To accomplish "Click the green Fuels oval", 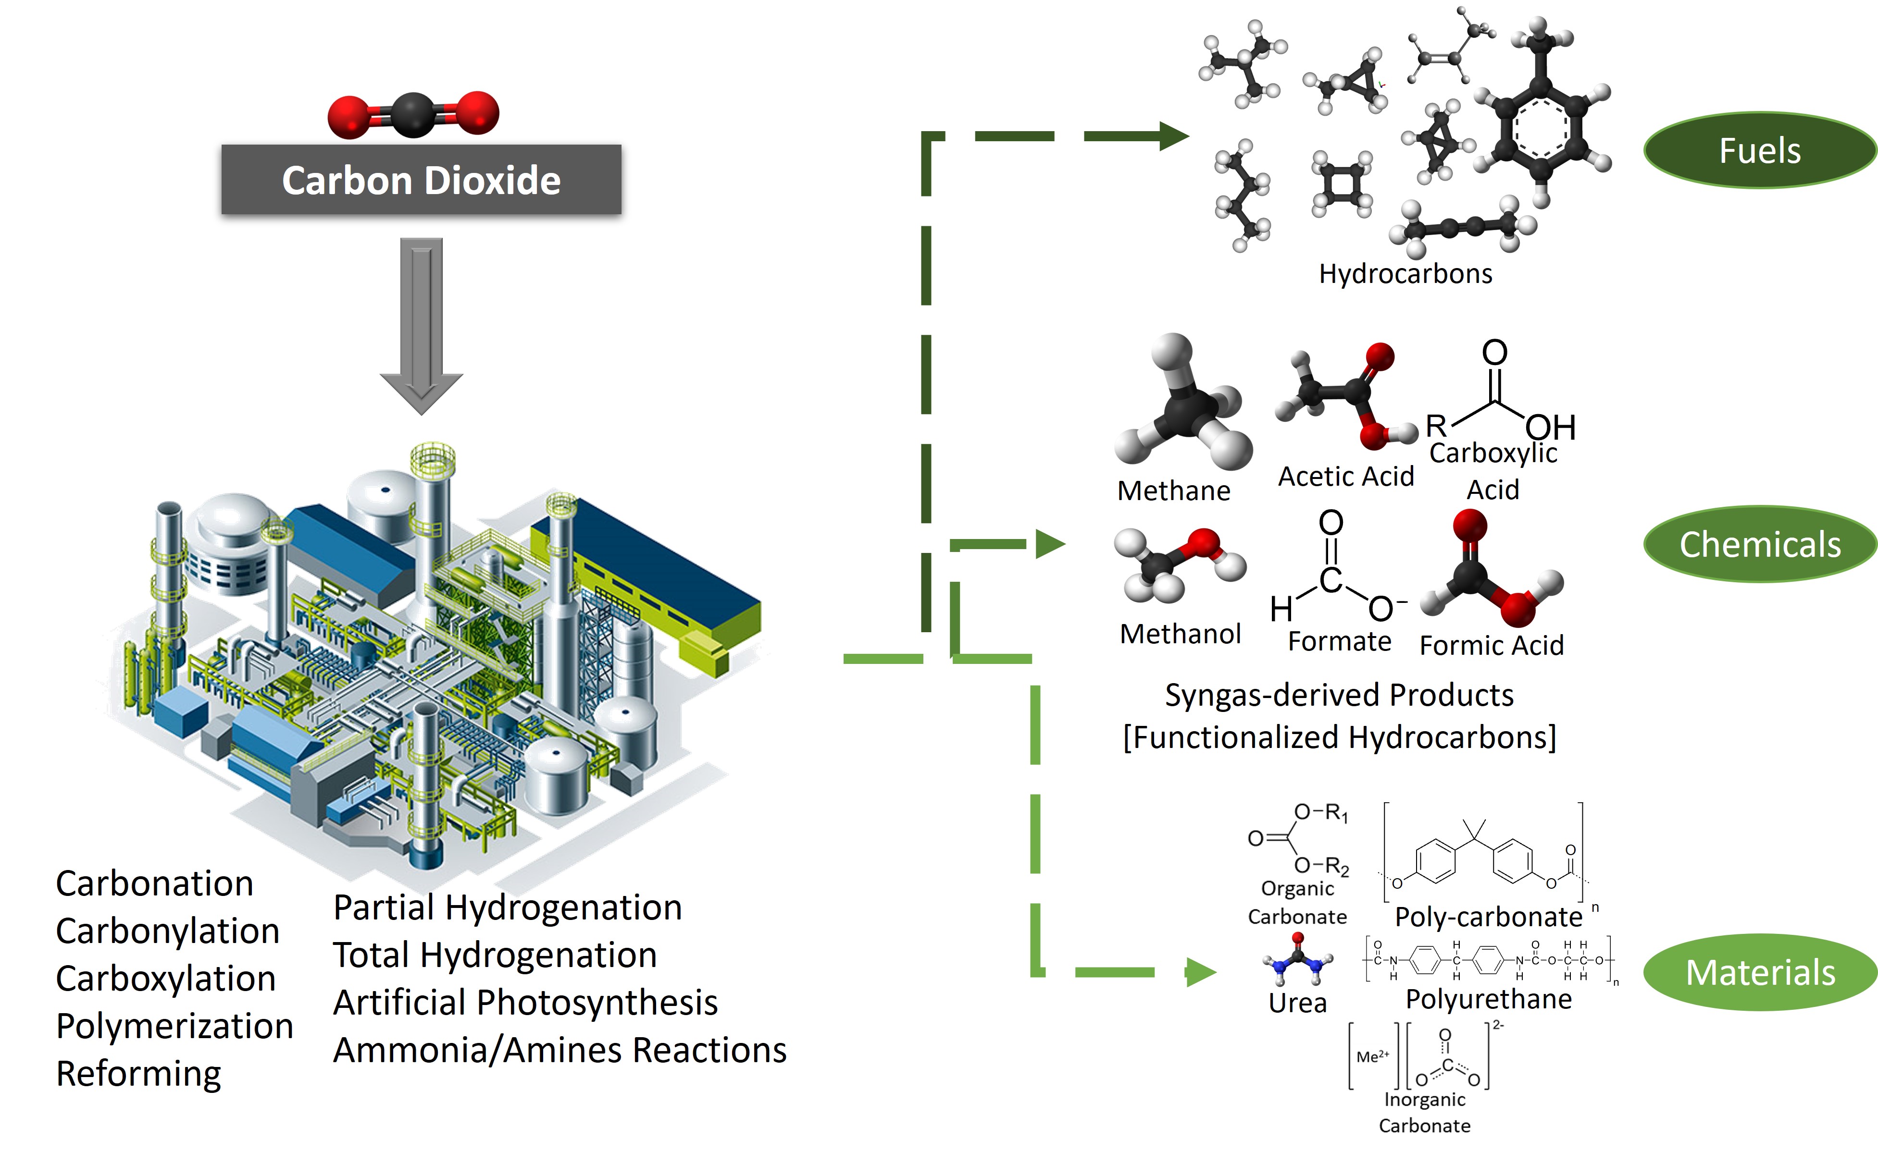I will point(1759,150).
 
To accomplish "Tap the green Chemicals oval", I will point(1759,544).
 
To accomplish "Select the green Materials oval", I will point(1759,972).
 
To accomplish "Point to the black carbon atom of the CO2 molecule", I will point(413,115).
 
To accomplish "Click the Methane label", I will point(1174,490).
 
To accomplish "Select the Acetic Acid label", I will point(1346,476).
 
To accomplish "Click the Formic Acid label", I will point(1492,645).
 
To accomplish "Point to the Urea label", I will point(1297,1003).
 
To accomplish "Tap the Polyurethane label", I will point(1489,999).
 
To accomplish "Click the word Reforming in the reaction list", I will point(139,1074).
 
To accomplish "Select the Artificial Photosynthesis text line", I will point(525,1003).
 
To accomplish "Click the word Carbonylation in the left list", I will point(168,931).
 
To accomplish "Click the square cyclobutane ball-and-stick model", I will point(1342,183).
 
